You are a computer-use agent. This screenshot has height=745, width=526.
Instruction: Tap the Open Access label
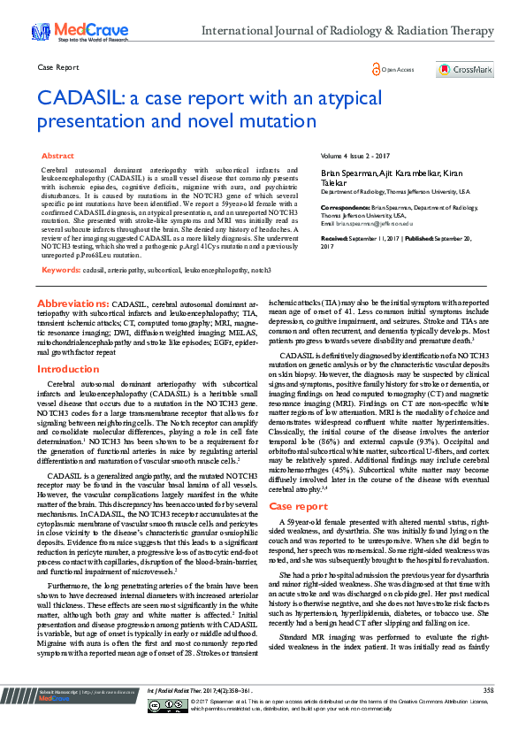click(397, 69)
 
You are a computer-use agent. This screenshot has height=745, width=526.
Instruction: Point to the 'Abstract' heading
click(57, 155)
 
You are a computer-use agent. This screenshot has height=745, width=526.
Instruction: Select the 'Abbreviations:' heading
click(74, 278)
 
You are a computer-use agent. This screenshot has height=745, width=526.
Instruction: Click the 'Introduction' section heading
click(68, 368)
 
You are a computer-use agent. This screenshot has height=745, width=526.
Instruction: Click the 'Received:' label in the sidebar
click(337, 239)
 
